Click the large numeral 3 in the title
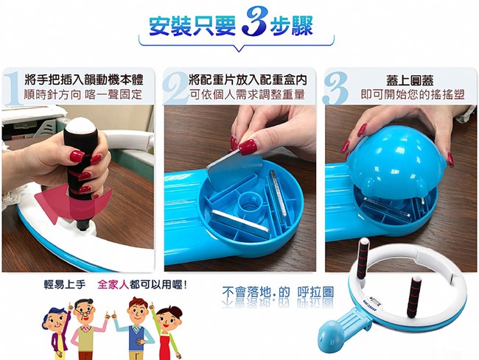pyautogui.click(x=254, y=21)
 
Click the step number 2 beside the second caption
pyautogui.click(x=175, y=88)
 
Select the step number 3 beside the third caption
pyautogui.click(x=335, y=88)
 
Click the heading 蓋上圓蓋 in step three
pyautogui.click(x=410, y=80)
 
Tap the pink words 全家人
pyautogui.click(x=113, y=285)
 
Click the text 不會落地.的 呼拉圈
pyautogui.click(x=278, y=292)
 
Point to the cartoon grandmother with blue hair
pyautogui.click(x=57, y=333)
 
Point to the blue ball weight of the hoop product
pyautogui.click(x=332, y=336)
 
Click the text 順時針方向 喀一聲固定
pyautogui.click(x=83, y=94)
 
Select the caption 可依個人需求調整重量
pyautogui.click(x=247, y=94)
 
